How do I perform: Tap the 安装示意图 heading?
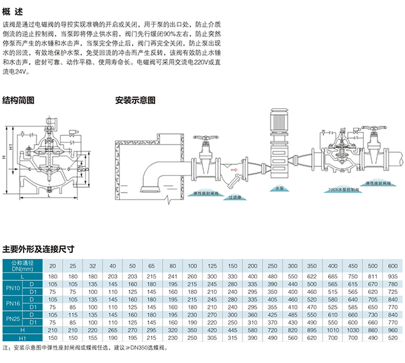(135, 99)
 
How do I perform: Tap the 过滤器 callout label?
(234, 197)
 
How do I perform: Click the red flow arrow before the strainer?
(233, 160)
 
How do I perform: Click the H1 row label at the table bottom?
(22, 337)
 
